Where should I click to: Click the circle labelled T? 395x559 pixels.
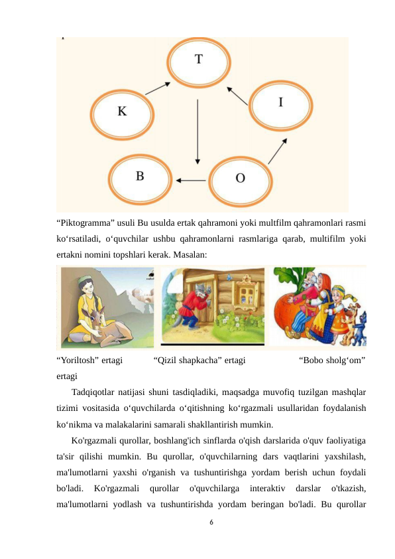[199, 60]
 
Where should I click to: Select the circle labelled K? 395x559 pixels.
[123, 112]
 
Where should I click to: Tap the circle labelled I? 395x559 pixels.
[280, 103]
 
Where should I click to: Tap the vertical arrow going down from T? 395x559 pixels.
[197, 132]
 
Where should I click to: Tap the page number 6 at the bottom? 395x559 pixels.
[210, 522]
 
